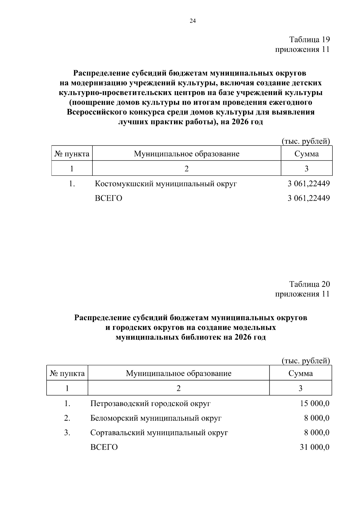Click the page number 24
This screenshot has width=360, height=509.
(x=193, y=21)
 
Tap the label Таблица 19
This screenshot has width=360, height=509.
(x=309, y=40)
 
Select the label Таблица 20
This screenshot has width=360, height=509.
(x=309, y=284)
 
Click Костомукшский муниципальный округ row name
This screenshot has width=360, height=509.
(x=166, y=184)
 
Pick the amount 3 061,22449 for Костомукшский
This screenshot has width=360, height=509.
(x=308, y=184)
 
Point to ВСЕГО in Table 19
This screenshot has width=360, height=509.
(x=109, y=198)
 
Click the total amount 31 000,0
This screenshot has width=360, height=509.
(x=314, y=447)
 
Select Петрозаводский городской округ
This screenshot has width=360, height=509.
(x=150, y=403)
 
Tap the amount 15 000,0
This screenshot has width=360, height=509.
(x=314, y=403)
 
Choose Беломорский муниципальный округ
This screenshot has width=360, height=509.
(x=156, y=418)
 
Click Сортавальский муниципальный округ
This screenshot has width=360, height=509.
(x=159, y=433)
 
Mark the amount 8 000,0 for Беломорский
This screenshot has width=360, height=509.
(x=316, y=418)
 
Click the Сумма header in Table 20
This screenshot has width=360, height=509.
(x=301, y=373)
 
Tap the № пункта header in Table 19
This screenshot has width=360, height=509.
(x=72, y=154)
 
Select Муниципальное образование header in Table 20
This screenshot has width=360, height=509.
(x=178, y=373)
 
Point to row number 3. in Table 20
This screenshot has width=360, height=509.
(x=67, y=433)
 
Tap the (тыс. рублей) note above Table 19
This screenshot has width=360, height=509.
(x=306, y=142)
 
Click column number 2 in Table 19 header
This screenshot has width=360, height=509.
(x=186, y=169)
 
